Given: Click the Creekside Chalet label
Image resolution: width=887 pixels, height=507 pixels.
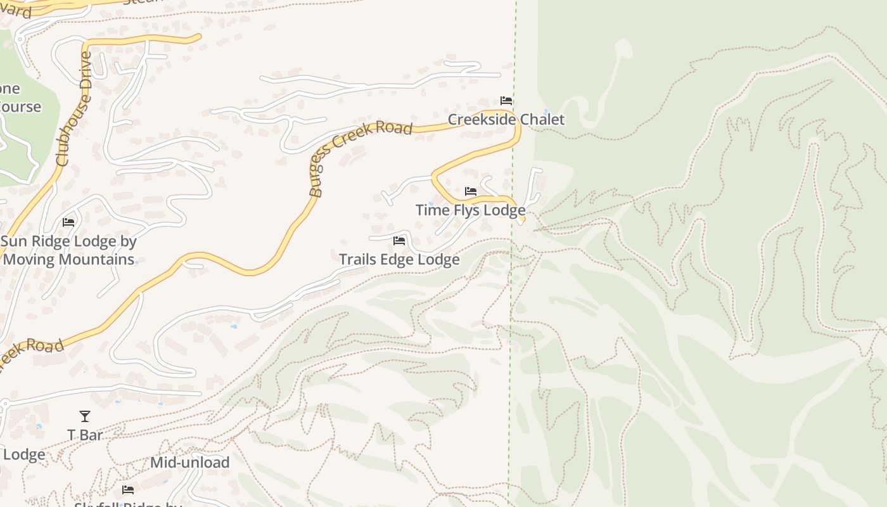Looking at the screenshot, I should [506, 120].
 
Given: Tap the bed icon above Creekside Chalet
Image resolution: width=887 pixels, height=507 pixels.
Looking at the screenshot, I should [506, 100].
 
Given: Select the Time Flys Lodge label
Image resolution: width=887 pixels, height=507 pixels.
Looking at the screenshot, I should [470, 210].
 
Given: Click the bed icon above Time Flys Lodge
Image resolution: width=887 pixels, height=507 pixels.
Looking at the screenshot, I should [470, 191].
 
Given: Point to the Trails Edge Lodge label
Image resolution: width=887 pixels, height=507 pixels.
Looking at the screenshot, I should [399, 259].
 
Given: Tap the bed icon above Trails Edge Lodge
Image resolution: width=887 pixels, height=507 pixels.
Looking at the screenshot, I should [399, 240].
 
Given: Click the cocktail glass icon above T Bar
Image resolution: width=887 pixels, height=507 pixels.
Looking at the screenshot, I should [85, 416].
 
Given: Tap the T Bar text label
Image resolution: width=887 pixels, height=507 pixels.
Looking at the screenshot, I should [85, 435].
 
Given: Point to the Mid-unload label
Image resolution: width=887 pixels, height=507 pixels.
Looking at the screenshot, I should [189, 463].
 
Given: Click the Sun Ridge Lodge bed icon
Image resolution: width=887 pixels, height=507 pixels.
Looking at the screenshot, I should [68, 222].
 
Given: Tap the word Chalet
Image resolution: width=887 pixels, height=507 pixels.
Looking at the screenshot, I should [544, 120].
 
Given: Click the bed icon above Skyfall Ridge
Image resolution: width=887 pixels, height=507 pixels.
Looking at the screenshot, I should [128, 489].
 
